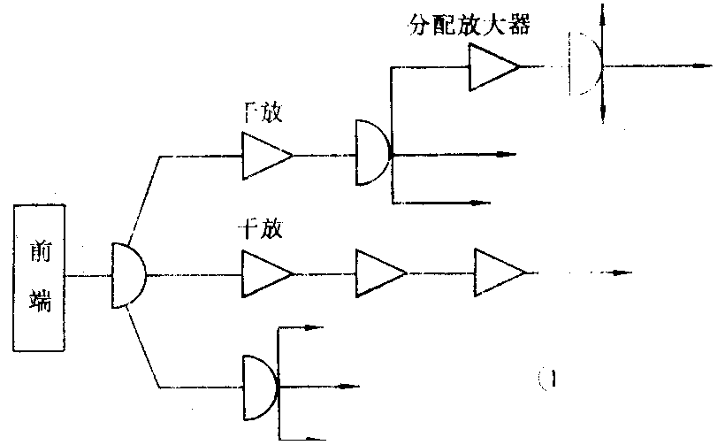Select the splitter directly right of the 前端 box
click(x=128, y=275)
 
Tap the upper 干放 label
click(x=262, y=114)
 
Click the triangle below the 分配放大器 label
click(x=492, y=67)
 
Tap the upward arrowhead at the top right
click(x=602, y=11)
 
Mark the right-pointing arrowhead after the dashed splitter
click(x=704, y=65)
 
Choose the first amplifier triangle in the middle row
click(x=264, y=273)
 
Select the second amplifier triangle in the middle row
click(x=379, y=273)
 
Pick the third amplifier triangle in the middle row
click(x=499, y=273)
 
